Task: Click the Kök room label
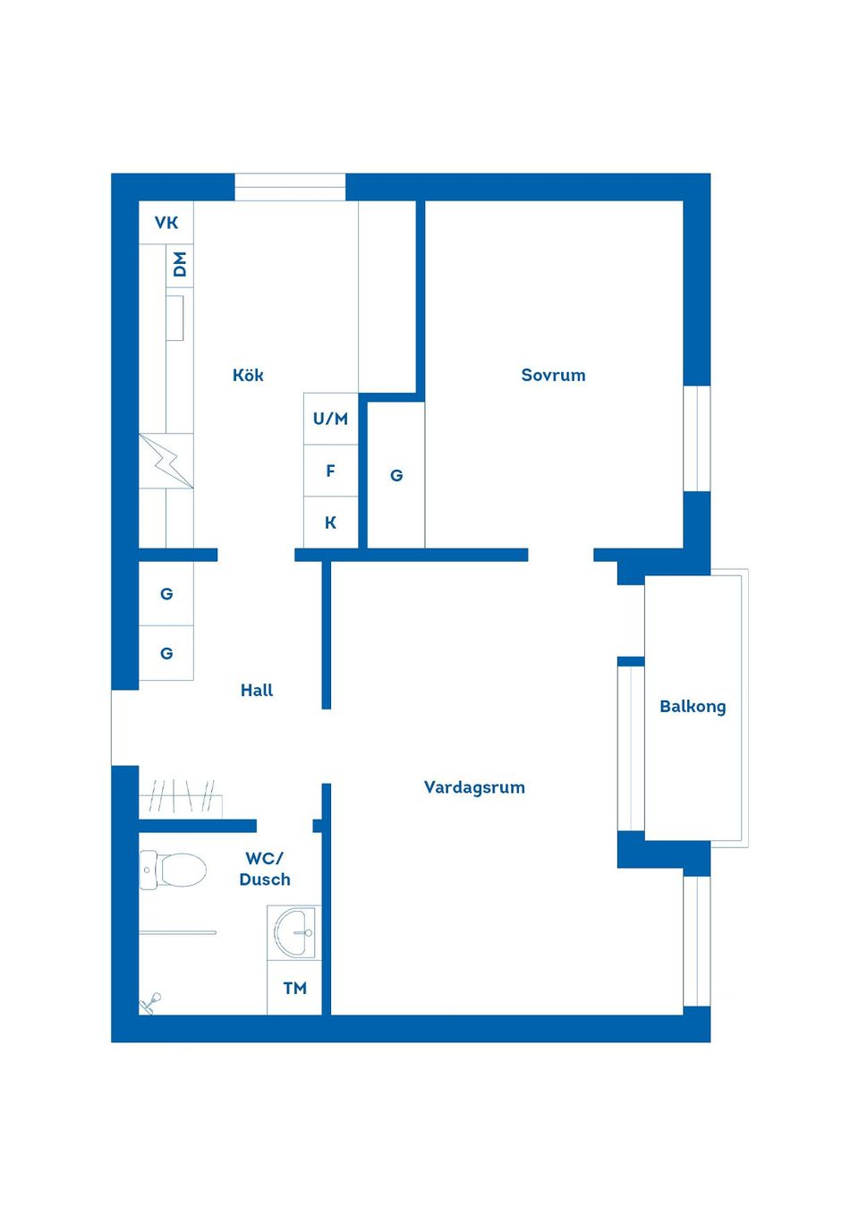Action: click(x=248, y=375)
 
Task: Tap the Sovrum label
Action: click(x=553, y=375)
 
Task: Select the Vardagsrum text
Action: click(x=474, y=787)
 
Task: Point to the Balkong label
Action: click(x=693, y=706)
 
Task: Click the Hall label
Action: click(x=257, y=690)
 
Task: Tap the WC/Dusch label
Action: click(x=265, y=869)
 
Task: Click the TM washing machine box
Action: click(x=294, y=988)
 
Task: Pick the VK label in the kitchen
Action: click(x=166, y=223)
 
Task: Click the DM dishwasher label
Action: click(x=180, y=264)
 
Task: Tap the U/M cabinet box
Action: click(x=330, y=418)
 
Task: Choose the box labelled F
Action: click(x=330, y=471)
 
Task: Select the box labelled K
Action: click(x=330, y=523)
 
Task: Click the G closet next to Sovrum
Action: click(x=396, y=475)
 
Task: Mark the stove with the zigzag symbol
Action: click(x=166, y=461)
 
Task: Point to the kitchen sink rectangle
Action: click(x=175, y=318)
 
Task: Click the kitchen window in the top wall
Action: click(x=290, y=187)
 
